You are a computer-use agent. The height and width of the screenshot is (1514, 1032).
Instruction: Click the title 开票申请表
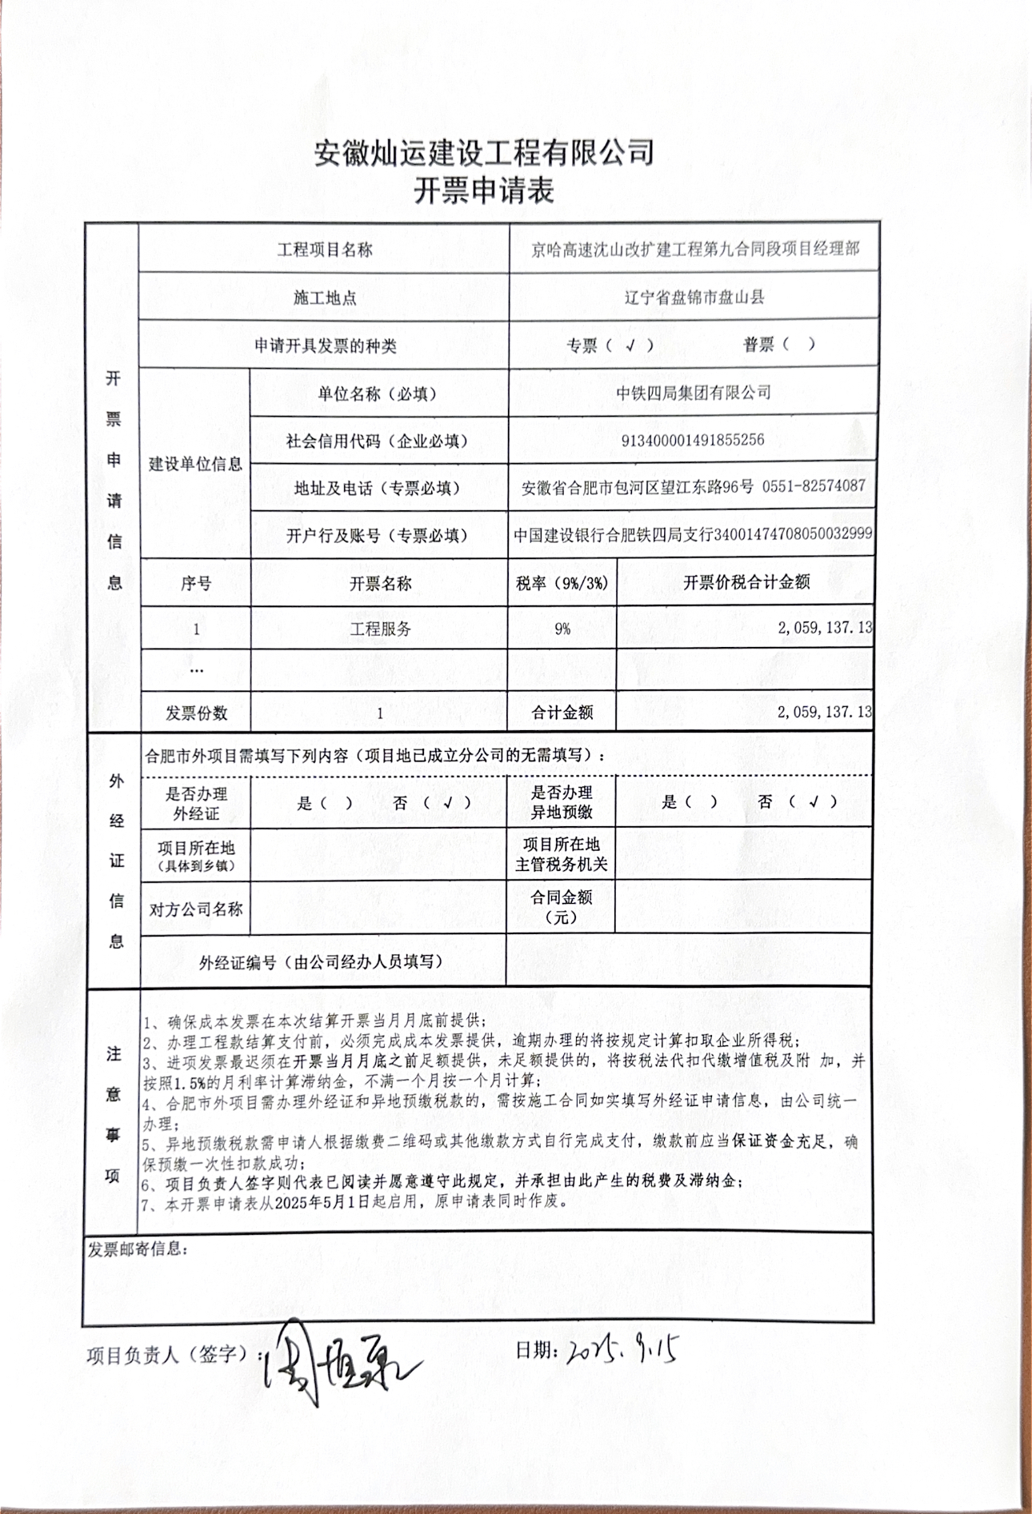[483, 191]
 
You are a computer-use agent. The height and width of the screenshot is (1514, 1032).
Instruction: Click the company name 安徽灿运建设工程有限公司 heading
[484, 152]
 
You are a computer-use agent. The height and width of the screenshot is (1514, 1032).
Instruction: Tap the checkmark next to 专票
[630, 346]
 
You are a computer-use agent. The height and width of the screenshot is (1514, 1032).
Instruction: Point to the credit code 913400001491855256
[693, 440]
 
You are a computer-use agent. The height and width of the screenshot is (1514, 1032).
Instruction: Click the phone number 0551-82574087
[814, 486]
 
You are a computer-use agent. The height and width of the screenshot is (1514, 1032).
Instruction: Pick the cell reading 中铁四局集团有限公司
[694, 393]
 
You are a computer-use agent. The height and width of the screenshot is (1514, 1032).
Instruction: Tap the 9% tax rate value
[562, 629]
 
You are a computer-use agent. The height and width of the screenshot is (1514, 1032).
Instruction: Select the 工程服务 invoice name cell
[380, 629]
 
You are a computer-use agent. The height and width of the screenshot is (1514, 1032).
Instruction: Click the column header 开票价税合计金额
[746, 582]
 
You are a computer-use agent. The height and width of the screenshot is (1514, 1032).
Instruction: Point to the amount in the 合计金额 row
[824, 712]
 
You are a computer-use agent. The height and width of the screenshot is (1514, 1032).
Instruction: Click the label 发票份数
[196, 713]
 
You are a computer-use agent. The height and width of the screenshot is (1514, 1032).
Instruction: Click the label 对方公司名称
[196, 909]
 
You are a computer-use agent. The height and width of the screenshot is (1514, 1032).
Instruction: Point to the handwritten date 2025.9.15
[624, 1350]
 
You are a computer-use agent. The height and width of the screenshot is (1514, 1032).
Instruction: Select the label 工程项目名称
[325, 250]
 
